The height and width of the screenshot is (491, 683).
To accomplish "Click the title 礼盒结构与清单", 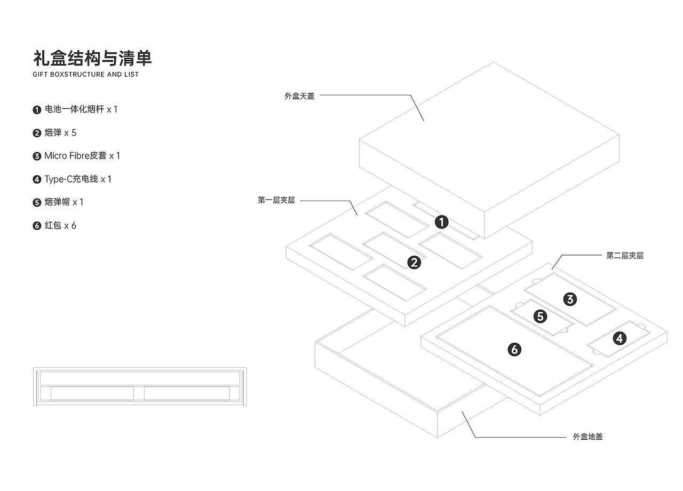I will [x=92, y=58].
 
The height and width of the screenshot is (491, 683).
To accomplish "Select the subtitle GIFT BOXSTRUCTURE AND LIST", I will [x=85, y=75].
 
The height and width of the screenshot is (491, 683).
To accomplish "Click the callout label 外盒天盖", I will [x=299, y=97].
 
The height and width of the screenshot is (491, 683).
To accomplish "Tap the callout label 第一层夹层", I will [x=276, y=201].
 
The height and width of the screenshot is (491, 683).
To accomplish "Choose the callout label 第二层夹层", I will [x=624, y=256].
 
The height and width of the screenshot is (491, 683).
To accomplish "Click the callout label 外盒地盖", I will [x=587, y=437].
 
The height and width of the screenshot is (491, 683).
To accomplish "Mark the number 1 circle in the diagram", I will [x=441, y=221].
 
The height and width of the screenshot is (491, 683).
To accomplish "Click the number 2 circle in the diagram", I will [x=414, y=262].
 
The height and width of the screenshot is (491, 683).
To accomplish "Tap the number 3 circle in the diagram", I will [x=570, y=299].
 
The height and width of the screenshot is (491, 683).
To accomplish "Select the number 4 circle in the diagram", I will [x=619, y=338].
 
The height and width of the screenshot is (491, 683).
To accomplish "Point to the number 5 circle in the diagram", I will [x=541, y=316].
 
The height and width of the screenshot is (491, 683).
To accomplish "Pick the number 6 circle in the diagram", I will [x=514, y=350].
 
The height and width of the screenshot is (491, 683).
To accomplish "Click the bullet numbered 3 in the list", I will [x=37, y=156].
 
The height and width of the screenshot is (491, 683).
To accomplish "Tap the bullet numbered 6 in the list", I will [x=37, y=226].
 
